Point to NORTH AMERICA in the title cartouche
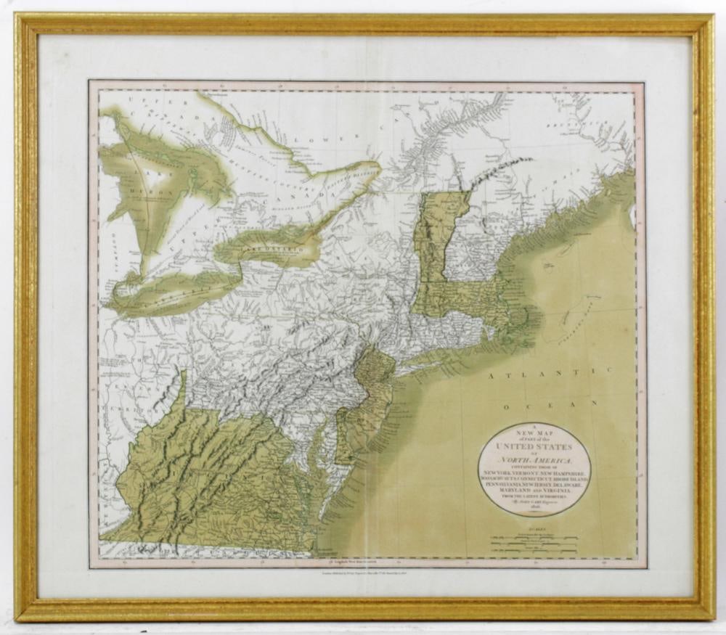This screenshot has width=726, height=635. point(534,462)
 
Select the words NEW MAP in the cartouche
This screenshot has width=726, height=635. point(534,434)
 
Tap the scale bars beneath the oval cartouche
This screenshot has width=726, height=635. point(534,543)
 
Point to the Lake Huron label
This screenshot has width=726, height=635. point(145,185)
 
